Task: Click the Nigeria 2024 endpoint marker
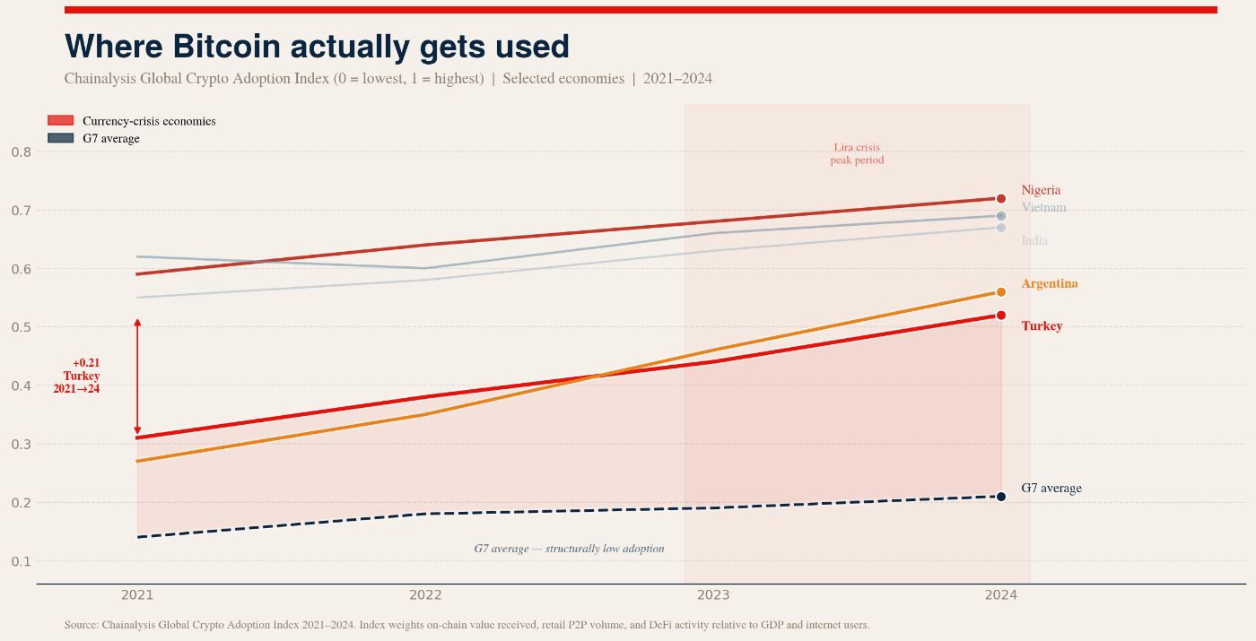[x=1001, y=198]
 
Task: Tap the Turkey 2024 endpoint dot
[x=1001, y=316]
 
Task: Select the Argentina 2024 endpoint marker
[x=1001, y=292]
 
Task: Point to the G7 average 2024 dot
[x=1001, y=497]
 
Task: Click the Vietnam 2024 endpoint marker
[x=1001, y=216]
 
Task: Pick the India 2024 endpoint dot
[x=1001, y=228]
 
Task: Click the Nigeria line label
[x=1041, y=190]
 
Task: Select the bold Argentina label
[x=1050, y=284]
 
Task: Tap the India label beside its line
[x=1034, y=241]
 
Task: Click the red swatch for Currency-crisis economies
[x=60, y=121]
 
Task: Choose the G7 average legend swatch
[x=60, y=138]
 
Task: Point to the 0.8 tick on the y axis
[x=22, y=152]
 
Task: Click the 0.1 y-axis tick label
[x=22, y=561]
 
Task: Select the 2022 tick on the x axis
[x=425, y=594]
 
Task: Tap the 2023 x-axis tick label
[x=713, y=594]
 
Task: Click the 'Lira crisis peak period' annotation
[x=857, y=154]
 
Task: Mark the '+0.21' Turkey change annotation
[x=86, y=363]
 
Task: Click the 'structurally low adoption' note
[x=569, y=549]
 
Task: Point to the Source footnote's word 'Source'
[x=82, y=625]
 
